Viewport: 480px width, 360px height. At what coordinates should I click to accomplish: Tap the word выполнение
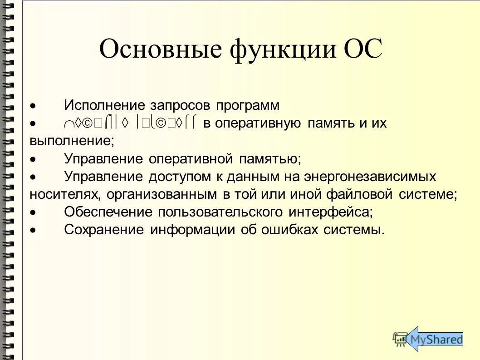click(72, 141)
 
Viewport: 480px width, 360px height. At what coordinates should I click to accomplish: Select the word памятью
click(267, 159)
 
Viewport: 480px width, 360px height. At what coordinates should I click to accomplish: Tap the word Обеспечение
click(108, 212)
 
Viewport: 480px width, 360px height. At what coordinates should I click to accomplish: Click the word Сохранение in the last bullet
click(105, 230)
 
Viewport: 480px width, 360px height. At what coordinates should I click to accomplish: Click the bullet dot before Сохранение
click(32, 230)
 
